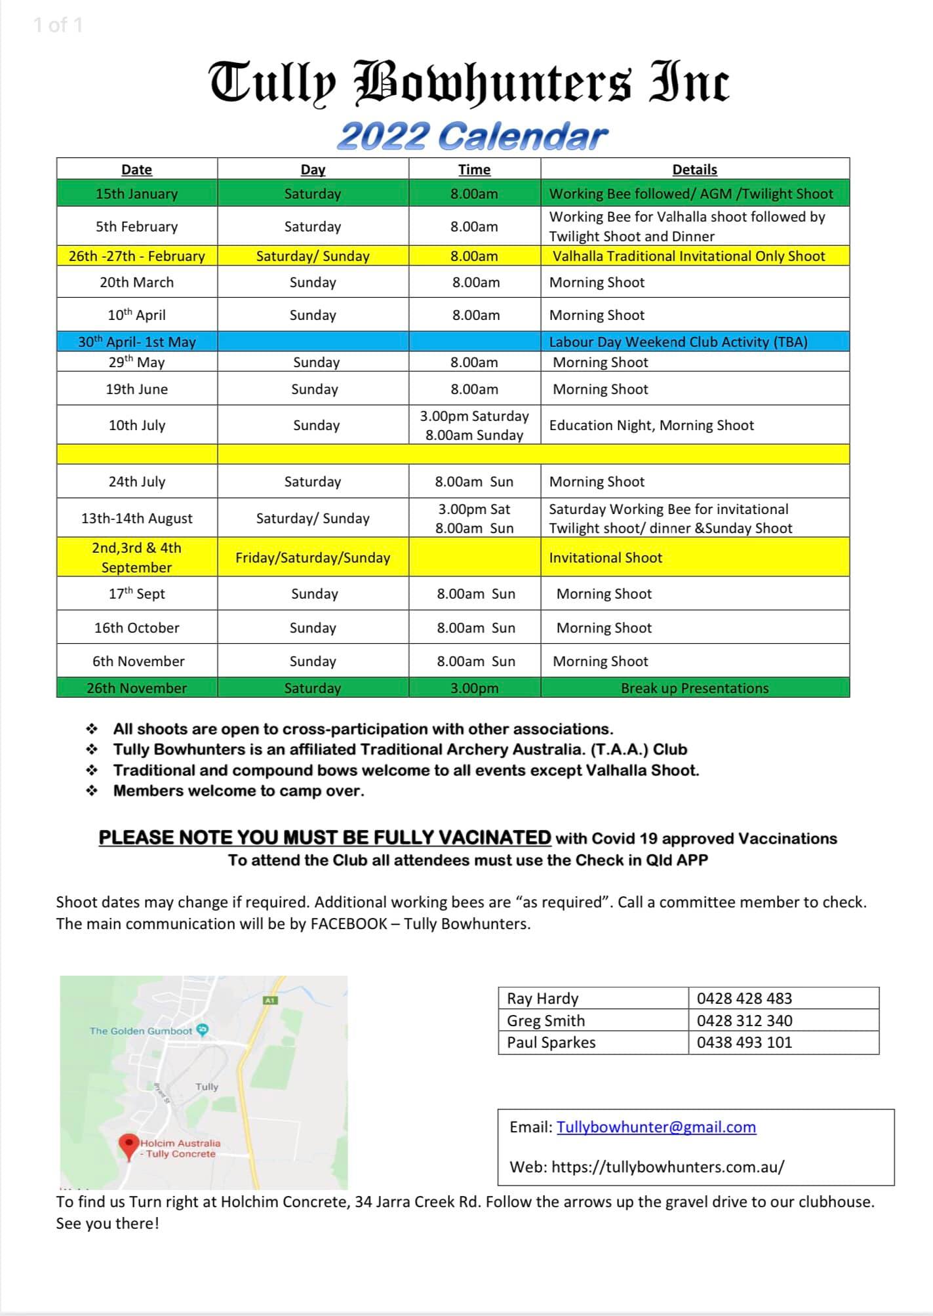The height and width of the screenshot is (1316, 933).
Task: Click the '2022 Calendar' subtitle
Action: coord(472,136)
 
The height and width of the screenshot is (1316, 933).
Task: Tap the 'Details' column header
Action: coord(694,169)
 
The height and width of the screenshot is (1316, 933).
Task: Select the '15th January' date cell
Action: coord(136,193)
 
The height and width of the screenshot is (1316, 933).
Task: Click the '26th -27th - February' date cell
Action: coord(136,256)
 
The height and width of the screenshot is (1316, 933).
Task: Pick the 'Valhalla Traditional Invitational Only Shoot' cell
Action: coord(688,256)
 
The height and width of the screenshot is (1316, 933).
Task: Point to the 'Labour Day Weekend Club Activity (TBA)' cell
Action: coord(678,342)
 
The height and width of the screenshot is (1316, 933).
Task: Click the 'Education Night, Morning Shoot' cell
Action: coord(651,425)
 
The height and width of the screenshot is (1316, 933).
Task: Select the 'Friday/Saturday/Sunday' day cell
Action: coord(313,557)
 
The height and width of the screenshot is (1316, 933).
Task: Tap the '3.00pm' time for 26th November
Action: coord(474,688)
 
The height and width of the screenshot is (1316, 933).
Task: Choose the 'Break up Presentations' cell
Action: coord(694,688)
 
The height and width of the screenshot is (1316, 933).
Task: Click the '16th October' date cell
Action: coord(136,628)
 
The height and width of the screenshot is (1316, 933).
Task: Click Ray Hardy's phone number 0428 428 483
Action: coord(744,998)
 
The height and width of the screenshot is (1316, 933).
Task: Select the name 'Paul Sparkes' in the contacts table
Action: coord(551,1042)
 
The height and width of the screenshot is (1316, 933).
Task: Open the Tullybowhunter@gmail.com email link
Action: coord(656,1127)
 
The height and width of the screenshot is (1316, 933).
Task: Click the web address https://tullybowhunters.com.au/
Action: coord(667,1166)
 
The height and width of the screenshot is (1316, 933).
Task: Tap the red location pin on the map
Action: coord(129,1145)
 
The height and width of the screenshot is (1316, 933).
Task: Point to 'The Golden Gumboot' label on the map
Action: coord(141,1031)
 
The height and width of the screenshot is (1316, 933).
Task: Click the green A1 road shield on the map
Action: coord(269,1000)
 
